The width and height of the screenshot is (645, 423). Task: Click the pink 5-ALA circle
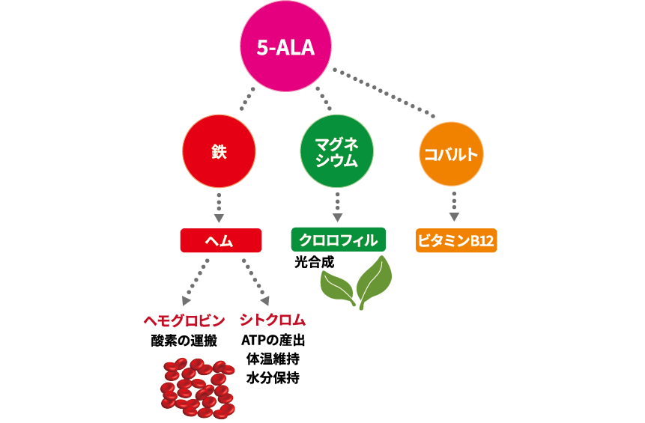tap(285, 48)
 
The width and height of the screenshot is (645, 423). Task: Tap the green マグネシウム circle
tap(336, 152)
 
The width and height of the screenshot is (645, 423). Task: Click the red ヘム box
tap(220, 240)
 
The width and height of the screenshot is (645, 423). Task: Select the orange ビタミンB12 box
tap(456, 241)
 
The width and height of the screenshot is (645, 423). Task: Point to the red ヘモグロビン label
tap(184, 321)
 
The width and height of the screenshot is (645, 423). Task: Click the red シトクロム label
tap(273, 321)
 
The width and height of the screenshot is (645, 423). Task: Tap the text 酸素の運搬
tap(184, 341)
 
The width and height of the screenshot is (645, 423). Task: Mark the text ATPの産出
tap(273, 341)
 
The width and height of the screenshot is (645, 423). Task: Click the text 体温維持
tap(273, 359)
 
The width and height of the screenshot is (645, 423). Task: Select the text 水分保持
tap(273, 378)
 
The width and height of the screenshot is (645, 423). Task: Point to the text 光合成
tap(314, 263)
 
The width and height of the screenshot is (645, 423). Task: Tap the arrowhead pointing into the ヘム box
tap(219, 219)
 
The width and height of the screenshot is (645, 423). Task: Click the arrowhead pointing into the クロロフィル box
tap(338, 219)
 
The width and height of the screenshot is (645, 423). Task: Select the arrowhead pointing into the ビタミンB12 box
tap(455, 219)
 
